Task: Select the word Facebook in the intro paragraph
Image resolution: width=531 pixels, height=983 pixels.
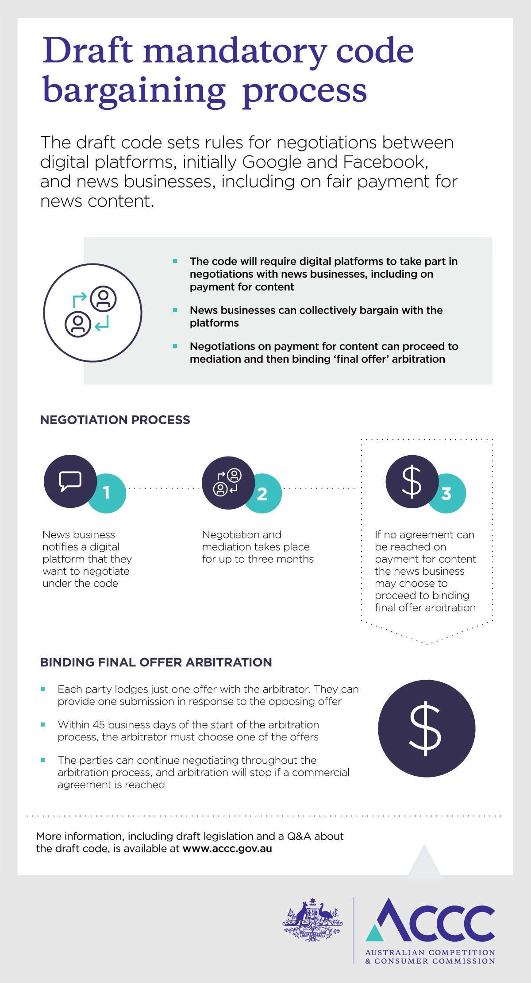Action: pyautogui.click(x=385, y=162)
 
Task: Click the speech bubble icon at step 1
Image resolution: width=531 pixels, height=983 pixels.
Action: pyautogui.click(x=70, y=481)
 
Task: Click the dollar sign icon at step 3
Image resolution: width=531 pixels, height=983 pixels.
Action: pyautogui.click(x=412, y=481)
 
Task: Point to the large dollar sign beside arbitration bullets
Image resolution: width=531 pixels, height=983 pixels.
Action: pyautogui.click(x=426, y=728)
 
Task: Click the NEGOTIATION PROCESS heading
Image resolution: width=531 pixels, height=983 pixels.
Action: pyautogui.click(x=115, y=420)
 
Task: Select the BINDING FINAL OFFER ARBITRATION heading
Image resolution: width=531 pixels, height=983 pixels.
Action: pyautogui.click(x=156, y=662)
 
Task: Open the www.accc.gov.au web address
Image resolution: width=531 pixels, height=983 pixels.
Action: pyautogui.click(x=227, y=849)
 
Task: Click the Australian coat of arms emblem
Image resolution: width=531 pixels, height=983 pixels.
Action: pyautogui.click(x=312, y=920)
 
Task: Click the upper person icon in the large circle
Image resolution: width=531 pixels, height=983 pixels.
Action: pyautogui.click(x=104, y=298)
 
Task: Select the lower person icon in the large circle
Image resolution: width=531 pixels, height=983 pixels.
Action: pyautogui.click(x=78, y=324)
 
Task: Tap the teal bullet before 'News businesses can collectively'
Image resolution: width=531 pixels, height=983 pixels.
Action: pyautogui.click(x=175, y=310)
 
